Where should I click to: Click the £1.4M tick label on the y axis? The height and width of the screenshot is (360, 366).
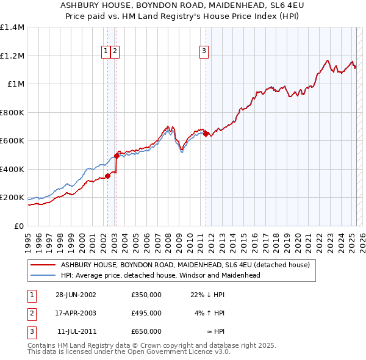tap(12, 27)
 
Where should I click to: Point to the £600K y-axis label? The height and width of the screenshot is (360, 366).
tap(12, 141)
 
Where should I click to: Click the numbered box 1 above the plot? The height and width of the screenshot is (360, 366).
tap(106, 51)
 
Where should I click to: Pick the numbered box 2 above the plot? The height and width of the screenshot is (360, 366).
tap(115, 51)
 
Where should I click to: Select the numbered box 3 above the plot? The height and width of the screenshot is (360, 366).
tap(204, 51)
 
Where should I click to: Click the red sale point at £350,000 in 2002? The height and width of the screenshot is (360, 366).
tap(108, 176)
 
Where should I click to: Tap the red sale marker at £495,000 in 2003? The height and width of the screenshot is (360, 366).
tap(117, 156)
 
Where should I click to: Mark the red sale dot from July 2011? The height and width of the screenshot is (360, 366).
tap(206, 134)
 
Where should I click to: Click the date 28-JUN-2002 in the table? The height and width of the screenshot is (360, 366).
tap(76, 295)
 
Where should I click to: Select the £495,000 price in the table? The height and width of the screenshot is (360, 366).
tap(146, 313)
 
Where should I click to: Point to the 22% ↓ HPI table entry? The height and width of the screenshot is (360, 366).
tap(207, 295)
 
